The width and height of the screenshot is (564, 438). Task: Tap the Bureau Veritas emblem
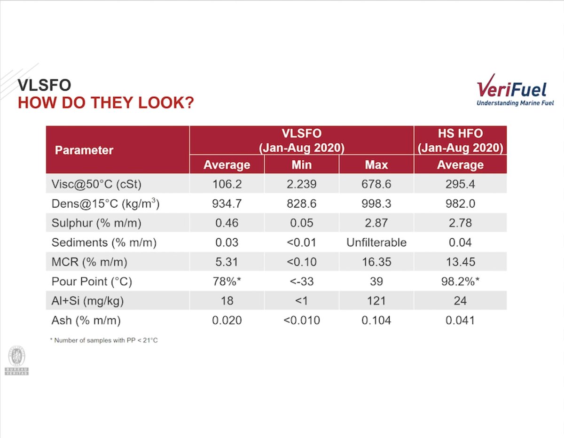tap(16, 360)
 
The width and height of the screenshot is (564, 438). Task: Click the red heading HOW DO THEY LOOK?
tap(106, 102)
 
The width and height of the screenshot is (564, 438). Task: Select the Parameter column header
tap(84, 150)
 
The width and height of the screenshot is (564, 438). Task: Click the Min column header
tap(302, 165)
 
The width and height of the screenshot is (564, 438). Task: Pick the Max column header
tap(376, 165)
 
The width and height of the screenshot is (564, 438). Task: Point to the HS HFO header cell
tap(460, 141)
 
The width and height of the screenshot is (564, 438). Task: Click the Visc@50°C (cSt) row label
tap(96, 184)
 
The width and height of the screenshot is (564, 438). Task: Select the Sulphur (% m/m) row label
tap(96, 223)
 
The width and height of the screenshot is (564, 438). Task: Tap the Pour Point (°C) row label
tap(92, 282)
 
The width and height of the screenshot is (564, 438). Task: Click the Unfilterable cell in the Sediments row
tap(376, 242)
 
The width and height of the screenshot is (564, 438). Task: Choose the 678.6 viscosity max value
tap(376, 184)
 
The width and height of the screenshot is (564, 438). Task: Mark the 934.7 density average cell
tap(227, 203)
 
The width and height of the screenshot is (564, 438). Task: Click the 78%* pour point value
tap(227, 282)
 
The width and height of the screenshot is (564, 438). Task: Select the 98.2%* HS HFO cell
tap(460, 282)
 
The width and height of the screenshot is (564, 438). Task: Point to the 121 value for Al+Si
tap(376, 301)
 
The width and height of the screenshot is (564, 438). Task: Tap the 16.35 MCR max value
tap(376, 262)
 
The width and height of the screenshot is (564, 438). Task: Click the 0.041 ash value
tap(460, 320)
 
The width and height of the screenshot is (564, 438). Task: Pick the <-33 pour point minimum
tap(302, 282)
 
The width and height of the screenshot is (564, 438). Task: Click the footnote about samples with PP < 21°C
tap(104, 340)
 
